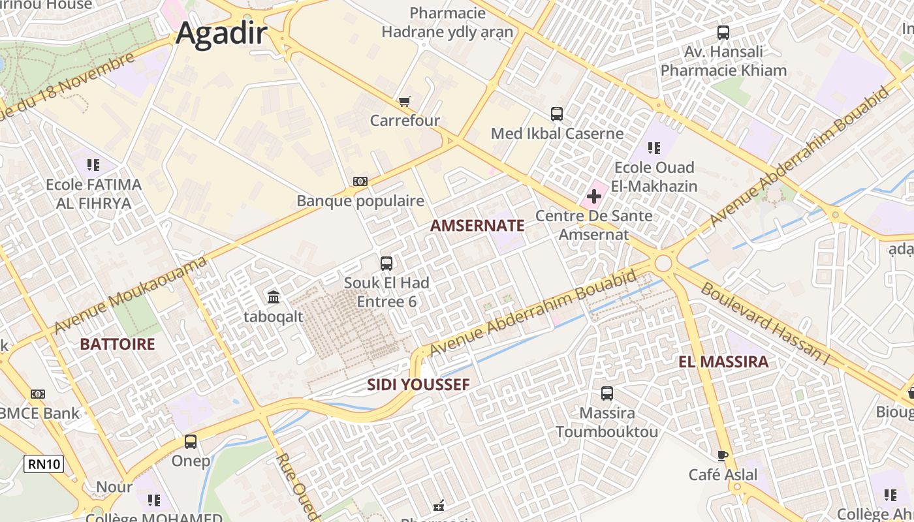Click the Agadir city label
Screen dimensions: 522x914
(x=221, y=33)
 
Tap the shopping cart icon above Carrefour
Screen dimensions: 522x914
(x=405, y=101)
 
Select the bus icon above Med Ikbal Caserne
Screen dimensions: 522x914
(x=557, y=114)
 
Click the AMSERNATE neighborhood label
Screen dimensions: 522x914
(x=477, y=226)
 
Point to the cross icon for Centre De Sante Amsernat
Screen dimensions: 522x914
(x=594, y=196)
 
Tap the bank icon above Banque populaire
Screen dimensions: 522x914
(x=360, y=181)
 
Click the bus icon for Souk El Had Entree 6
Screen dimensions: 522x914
(x=386, y=264)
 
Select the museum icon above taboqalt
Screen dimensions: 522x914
(x=274, y=298)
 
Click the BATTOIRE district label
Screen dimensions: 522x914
(x=118, y=345)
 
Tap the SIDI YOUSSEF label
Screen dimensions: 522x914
(x=418, y=385)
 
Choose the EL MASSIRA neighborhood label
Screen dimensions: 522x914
(x=723, y=362)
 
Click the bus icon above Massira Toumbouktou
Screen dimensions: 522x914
(x=607, y=393)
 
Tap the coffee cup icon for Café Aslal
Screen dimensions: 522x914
(x=723, y=455)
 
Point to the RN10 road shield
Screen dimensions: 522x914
(x=44, y=465)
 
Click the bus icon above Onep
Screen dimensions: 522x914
(x=191, y=442)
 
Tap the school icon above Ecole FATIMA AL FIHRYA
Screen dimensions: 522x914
(x=93, y=165)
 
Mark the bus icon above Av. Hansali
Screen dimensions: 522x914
(x=723, y=32)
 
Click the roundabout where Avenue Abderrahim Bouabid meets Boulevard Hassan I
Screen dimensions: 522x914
(x=664, y=264)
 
